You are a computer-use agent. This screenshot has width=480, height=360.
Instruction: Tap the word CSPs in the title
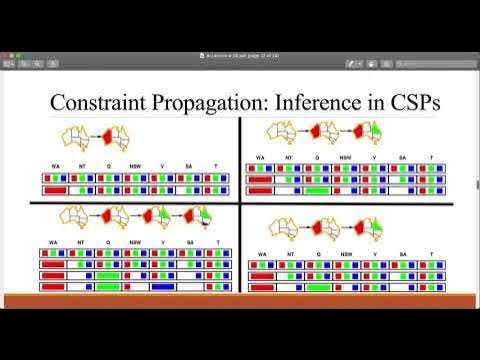pos(415,102)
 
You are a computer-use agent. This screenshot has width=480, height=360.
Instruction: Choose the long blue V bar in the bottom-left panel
pos(164,287)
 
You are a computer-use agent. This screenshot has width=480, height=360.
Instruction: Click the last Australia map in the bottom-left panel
pos(197,217)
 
